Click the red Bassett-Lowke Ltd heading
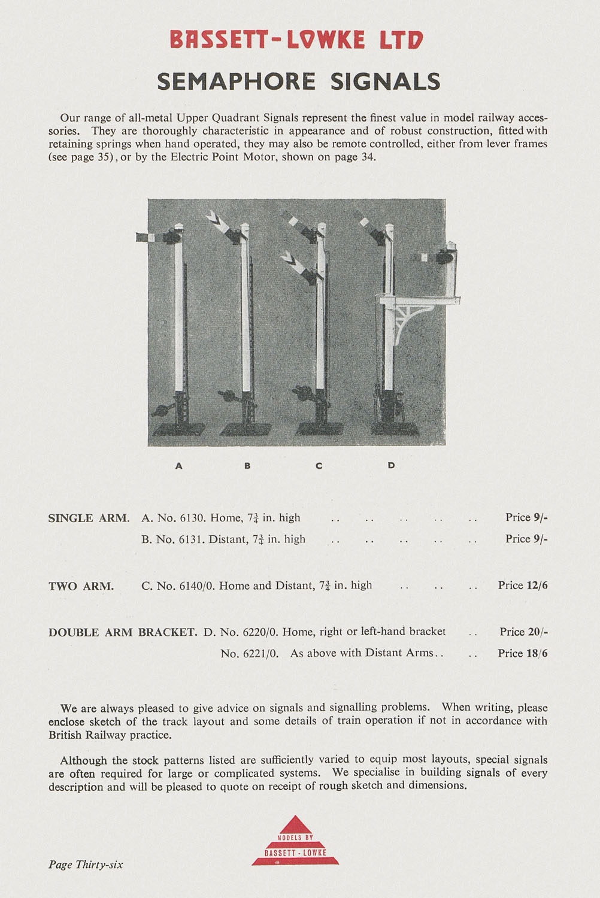point(298,40)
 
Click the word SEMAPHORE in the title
point(236,81)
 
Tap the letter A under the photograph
point(178,465)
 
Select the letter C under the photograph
point(319,465)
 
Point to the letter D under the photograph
point(391,465)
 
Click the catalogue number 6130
point(189,518)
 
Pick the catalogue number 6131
point(189,539)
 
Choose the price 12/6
point(536,585)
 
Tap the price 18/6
point(536,653)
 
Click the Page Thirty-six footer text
point(86,864)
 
